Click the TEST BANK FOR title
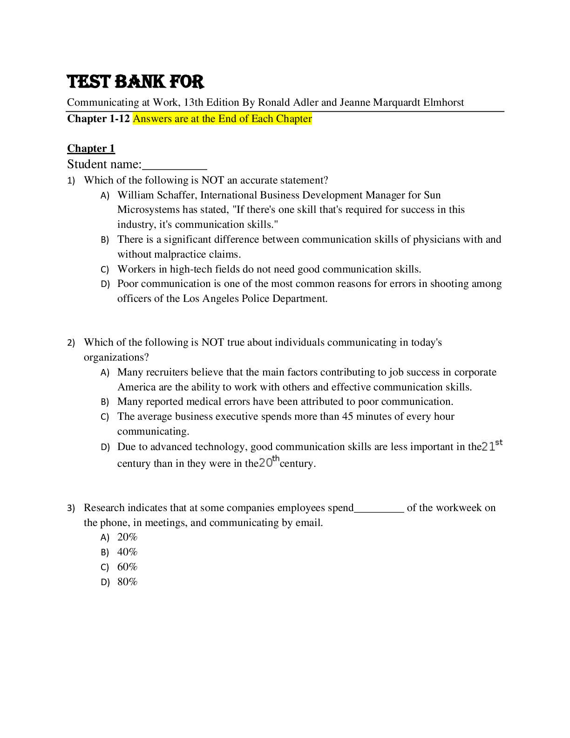(x=136, y=82)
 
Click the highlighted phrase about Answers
(x=222, y=119)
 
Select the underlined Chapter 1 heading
(x=91, y=149)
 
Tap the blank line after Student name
(x=175, y=166)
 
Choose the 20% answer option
(x=127, y=537)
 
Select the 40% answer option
(x=127, y=552)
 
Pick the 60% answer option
(x=127, y=567)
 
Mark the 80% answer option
(x=127, y=582)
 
